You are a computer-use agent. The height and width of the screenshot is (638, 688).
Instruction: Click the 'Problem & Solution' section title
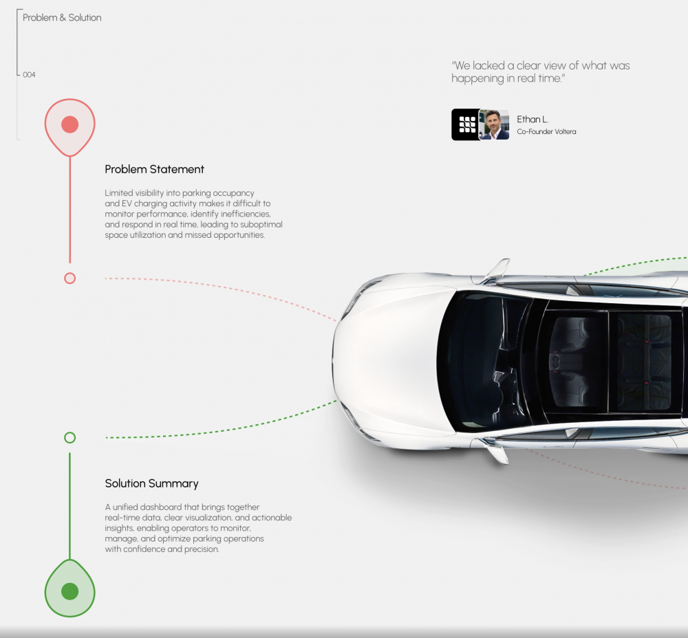[62, 18]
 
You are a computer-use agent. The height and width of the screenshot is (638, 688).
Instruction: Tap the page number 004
[29, 75]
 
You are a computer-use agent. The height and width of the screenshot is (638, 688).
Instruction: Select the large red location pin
[69, 127]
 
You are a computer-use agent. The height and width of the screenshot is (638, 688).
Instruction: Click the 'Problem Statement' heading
[154, 169]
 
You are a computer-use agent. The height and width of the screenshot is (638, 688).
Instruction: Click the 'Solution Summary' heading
[151, 483]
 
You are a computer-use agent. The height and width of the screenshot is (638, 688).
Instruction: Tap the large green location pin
[69, 588]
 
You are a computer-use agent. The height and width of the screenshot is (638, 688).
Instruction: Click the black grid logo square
[466, 124]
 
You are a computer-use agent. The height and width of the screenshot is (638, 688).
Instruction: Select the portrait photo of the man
[494, 124]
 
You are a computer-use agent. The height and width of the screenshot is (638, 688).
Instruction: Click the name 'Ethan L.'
[533, 119]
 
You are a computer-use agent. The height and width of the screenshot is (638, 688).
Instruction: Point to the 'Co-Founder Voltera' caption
[546, 131]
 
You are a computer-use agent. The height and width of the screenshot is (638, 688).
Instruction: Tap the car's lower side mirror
[497, 451]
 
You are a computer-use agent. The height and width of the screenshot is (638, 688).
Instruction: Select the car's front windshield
[483, 361]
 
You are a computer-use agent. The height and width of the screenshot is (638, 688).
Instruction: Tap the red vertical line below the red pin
[69, 210]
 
